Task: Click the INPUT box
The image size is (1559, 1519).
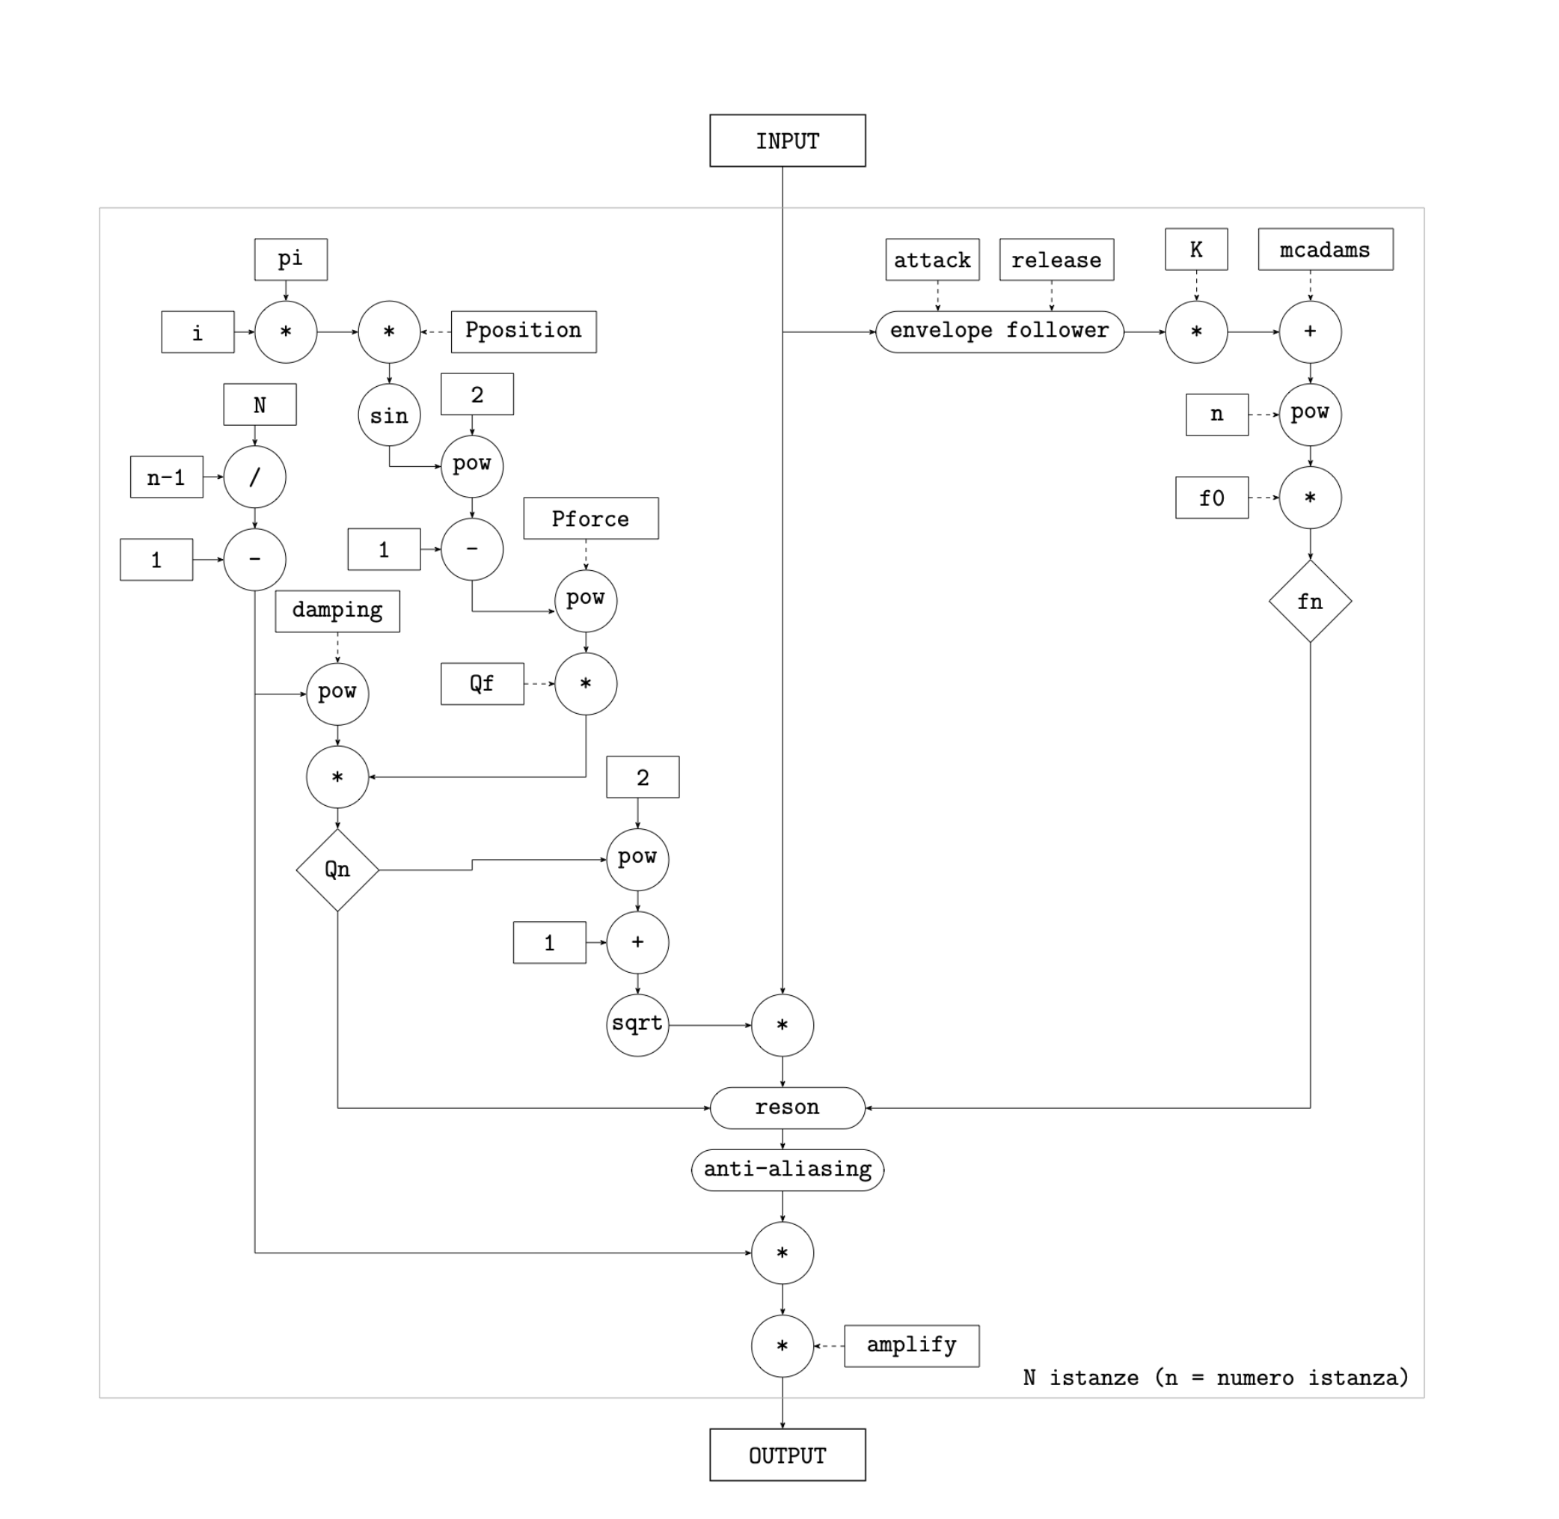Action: (787, 141)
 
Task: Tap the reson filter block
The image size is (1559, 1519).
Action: (787, 1107)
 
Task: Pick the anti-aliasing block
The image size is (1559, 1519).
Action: (787, 1170)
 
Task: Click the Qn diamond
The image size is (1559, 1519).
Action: (337, 869)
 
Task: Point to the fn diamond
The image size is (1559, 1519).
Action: (1309, 602)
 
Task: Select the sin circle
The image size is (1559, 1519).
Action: (389, 415)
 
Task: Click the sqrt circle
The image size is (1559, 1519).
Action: (637, 1024)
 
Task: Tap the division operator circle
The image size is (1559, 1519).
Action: (254, 477)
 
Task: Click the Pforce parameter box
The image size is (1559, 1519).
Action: (590, 519)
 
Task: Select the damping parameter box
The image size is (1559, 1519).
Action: (337, 611)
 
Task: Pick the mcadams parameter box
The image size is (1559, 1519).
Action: (1325, 250)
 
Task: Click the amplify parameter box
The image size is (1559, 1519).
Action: (911, 1346)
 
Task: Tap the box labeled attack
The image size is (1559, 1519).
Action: (931, 260)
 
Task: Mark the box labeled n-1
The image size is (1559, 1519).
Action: (166, 477)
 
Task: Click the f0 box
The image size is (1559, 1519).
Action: (1210, 498)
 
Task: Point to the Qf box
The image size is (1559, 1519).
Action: (482, 684)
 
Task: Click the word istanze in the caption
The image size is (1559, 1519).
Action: (1093, 1378)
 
